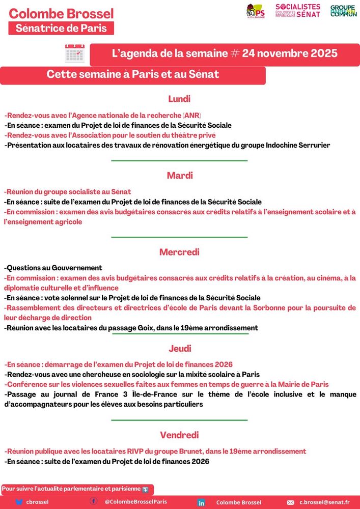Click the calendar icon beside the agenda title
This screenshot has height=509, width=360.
(x=74, y=53)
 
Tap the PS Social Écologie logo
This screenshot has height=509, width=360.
(x=255, y=10)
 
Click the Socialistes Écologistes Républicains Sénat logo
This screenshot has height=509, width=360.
(x=298, y=10)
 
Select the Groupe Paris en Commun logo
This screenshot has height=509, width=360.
(x=343, y=10)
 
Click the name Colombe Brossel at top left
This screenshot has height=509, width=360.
(x=61, y=14)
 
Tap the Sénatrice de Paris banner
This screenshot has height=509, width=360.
(x=61, y=28)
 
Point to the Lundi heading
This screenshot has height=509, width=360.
(x=179, y=99)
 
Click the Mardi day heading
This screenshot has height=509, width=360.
(x=179, y=176)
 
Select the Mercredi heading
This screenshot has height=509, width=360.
(x=179, y=252)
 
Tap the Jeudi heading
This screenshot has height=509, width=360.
(x=179, y=349)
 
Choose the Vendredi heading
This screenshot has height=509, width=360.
(x=179, y=435)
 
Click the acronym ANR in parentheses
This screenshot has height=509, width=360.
(x=191, y=115)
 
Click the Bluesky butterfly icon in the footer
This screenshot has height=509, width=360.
(x=19, y=502)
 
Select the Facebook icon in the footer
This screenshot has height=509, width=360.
(x=94, y=501)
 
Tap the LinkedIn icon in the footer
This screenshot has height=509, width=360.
(x=201, y=502)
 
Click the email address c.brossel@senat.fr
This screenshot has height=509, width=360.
(x=328, y=502)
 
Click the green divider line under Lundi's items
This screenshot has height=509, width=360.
(x=179, y=161)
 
